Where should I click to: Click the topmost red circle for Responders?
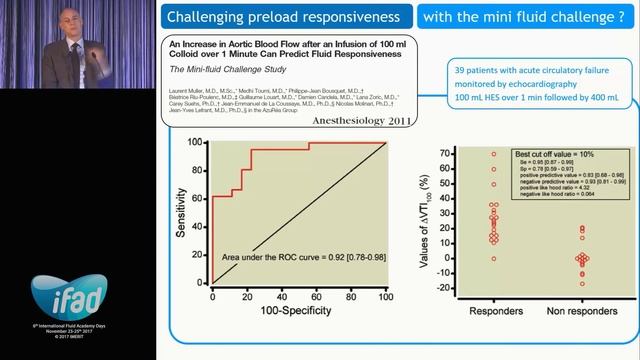[x=493, y=154]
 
